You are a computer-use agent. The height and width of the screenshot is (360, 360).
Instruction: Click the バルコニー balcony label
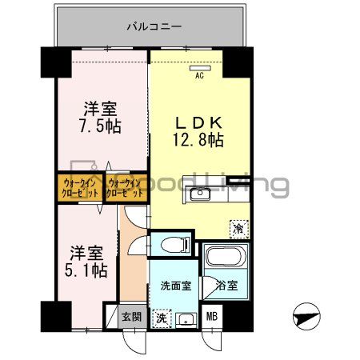[x=154, y=26]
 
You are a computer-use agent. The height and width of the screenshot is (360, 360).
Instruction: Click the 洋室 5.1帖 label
[x=86, y=262]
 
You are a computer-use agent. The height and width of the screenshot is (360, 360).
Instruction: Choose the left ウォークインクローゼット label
[x=78, y=188]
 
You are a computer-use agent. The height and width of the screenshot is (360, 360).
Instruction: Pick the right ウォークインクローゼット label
[x=126, y=188]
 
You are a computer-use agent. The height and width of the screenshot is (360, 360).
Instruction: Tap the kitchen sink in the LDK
[x=201, y=194]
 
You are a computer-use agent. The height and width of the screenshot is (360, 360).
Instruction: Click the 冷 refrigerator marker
[x=238, y=227]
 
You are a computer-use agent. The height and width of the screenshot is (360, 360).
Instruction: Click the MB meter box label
[x=212, y=317]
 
